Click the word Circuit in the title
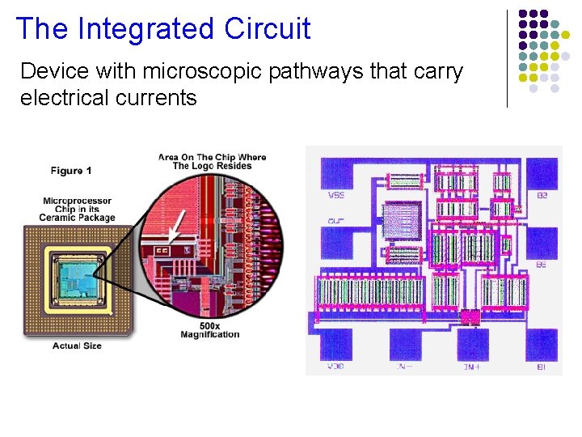click(268, 28)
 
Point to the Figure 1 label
click(71, 171)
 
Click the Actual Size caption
click(77, 346)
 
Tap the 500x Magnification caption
click(209, 330)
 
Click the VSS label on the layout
click(336, 195)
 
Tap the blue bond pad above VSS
click(337, 172)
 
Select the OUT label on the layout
click(335, 219)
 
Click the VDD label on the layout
click(335, 367)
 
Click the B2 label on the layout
click(542, 195)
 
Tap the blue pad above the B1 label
click(542, 344)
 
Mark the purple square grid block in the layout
click(402, 219)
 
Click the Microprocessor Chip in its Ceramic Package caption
click(78, 209)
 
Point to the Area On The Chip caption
click(212, 161)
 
